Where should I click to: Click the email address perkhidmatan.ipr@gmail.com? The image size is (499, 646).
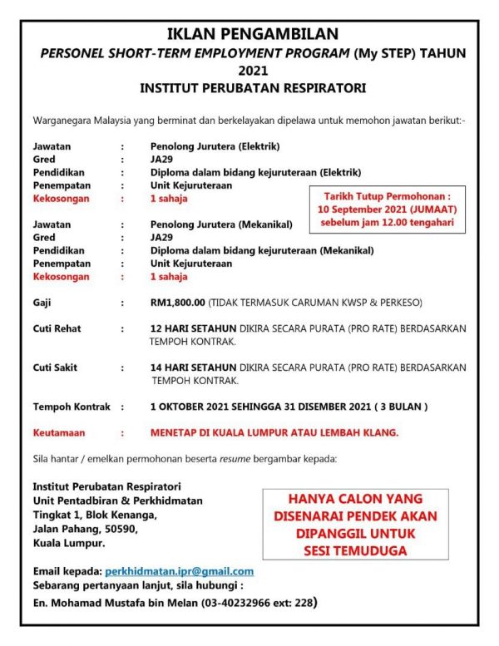click(x=179, y=571)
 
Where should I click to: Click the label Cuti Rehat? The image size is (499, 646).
click(x=57, y=329)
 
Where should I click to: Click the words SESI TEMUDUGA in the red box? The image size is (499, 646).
click(x=355, y=551)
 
